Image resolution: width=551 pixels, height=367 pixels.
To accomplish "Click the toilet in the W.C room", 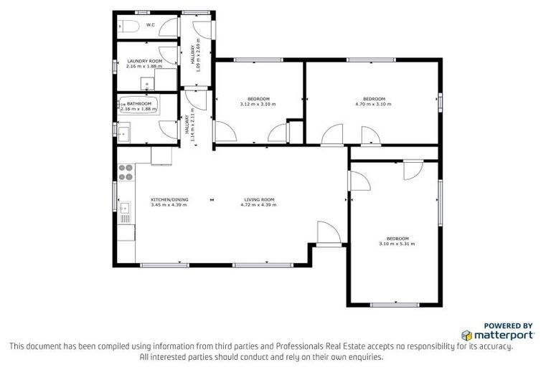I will click(128, 27).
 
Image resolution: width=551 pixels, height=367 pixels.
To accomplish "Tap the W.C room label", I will click(151, 25).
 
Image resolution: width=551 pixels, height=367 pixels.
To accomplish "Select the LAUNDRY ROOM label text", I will click(145, 62).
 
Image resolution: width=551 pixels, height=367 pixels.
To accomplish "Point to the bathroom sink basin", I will click(122, 131).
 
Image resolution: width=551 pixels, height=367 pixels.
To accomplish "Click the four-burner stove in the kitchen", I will click(126, 172).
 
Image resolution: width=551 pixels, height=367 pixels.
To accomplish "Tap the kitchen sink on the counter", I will click(124, 209).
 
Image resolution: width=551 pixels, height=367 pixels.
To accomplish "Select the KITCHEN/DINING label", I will click(169, 199).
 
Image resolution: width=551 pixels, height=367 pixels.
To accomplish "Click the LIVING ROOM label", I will click(258, 199).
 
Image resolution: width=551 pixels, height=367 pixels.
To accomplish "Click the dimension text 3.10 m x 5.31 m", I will click(397, 244).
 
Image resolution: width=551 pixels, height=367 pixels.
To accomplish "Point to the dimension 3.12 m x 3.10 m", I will click(258, 104).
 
